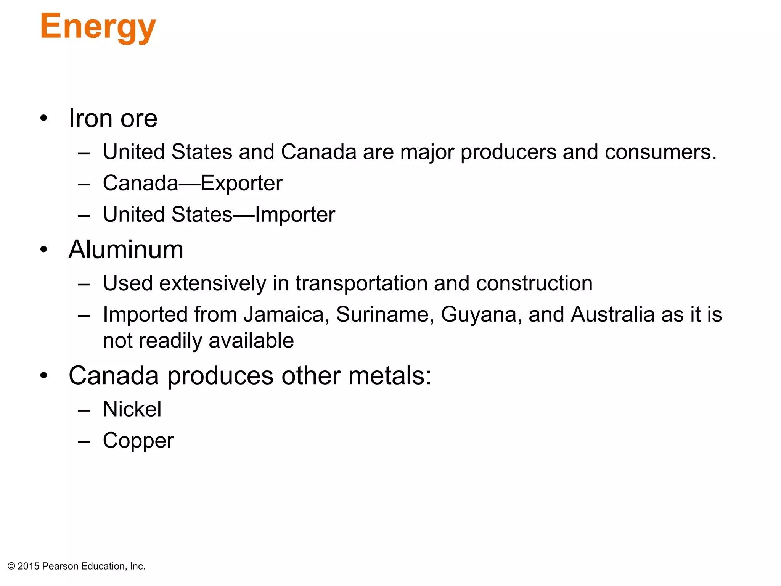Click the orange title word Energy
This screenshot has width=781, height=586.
click(98, 27)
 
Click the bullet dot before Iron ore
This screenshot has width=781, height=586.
click(44, 118)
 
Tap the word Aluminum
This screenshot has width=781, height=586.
click(126, 250)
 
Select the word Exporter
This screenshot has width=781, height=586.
click(242, 184)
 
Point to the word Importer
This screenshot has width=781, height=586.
click(295, 214)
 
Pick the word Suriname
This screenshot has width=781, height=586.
click(385, 315)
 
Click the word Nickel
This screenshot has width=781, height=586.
click(132, 409)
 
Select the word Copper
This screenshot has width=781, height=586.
click(138, 441)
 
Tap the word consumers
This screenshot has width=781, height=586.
click(660, 152)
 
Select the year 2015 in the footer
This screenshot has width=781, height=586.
click(29, 567)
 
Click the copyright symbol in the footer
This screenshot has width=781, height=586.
click(11, 567)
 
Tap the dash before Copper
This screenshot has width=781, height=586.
click(84, 442)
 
